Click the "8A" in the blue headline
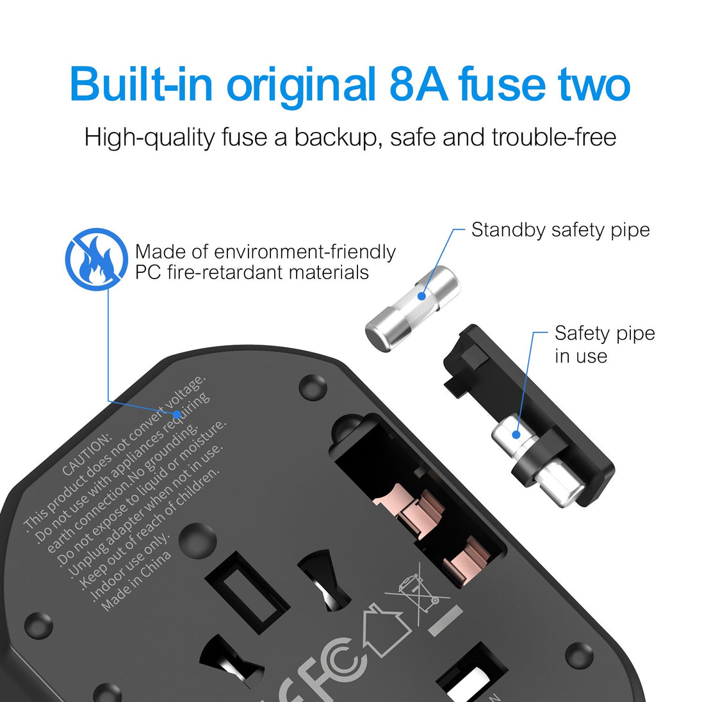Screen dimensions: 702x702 [x=418, y=84]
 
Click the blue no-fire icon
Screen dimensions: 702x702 [x=97, y=259]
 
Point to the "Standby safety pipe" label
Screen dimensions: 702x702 [x=560, y=230]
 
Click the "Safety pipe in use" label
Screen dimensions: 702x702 [x=605, y=345]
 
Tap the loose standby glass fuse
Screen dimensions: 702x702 [x=412, y=309]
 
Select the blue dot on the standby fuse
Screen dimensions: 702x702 [x=421, y=296]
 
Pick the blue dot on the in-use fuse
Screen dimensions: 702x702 [x=516, y=434]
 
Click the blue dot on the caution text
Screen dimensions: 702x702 [x=177, y=414]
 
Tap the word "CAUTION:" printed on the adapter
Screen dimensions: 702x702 [x=86, y=454]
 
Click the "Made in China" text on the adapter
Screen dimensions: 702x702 [x=136, y=581]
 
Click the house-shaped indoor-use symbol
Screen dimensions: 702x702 [x=386, y=630]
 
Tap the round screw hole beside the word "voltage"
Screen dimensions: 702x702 [x=313, y=388]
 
